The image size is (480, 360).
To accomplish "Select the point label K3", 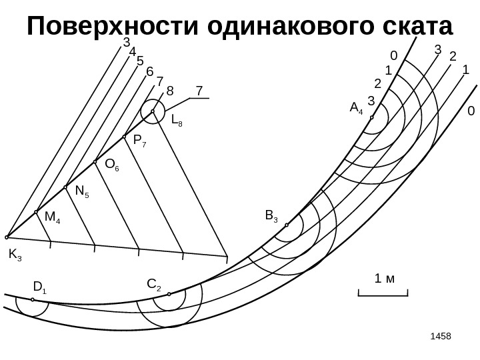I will point(15,254).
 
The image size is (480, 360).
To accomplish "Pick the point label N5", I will point(83,191).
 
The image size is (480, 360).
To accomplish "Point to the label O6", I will point(112,165).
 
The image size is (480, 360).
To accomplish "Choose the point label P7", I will point(141,141).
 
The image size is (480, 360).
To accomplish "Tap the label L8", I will point(177,121).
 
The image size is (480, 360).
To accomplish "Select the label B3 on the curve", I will point(271,215).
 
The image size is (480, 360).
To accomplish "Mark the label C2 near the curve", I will point(153,286).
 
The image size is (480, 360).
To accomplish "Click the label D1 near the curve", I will point(39,288).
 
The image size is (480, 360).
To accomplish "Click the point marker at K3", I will point(7,237).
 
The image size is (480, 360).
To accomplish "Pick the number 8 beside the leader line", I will point(169,89).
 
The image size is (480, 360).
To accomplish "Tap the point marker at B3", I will point(287,225).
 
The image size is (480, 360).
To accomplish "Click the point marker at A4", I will point(371,117).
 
